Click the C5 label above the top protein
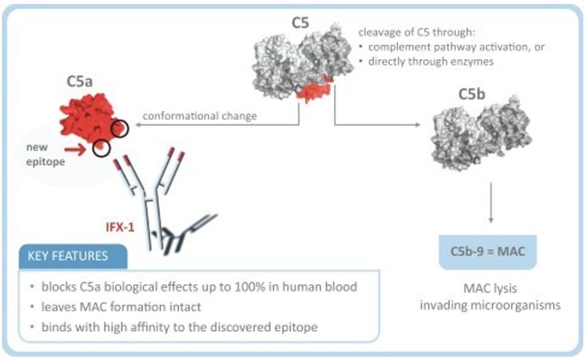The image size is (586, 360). point(301,22)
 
